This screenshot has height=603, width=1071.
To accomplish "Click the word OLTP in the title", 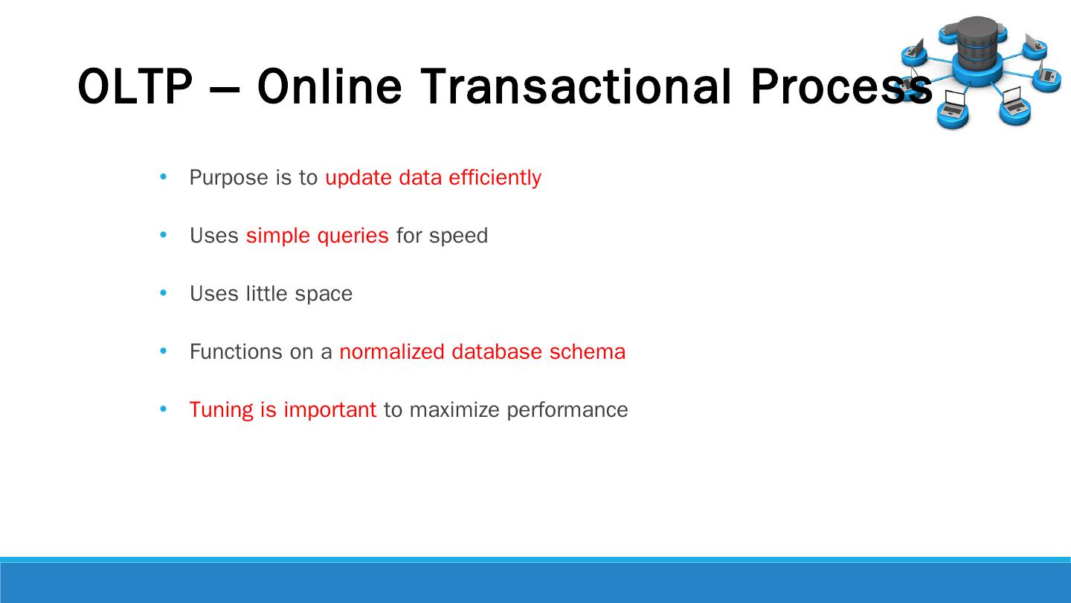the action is pyautogui.click(x=135, y=86).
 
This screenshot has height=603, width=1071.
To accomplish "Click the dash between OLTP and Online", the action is pyautogui.click(x=225, y=89).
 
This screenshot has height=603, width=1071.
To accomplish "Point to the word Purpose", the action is pyautogui.click(x=229, y=178).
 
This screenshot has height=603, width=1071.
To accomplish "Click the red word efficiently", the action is pyautogui.click(x=495, y=177).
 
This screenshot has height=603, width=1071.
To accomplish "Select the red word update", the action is pyautogui.click(x=358, y=178).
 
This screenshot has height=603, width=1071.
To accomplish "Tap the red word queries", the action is pyautogui.click(x=353, y=236).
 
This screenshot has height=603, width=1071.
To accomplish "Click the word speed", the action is pyautogui.click(x=458, y=236).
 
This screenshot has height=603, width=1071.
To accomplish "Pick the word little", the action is pyautogui.click(x=267, y=293).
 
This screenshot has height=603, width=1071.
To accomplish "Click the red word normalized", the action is pyautogui.click(x=392, y=351).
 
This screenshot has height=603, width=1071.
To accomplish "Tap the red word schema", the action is pyautogui.click(x=587, y=351).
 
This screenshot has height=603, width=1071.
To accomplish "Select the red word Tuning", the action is pyautogui.click(x=222, y=410).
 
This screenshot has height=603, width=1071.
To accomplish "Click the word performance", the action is pyautogui.click(x=567, y=410).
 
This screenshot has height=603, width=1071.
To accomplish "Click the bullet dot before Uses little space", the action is pyautogui.click(x=164, y=293).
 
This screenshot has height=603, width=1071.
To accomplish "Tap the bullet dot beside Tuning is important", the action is pyautogui.click(x=164, y=409).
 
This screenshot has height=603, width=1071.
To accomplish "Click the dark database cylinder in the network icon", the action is pyautogui.click(x=977, y=43).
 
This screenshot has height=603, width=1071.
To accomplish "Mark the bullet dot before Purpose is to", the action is pyautogui.click(x=164, y=176).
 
